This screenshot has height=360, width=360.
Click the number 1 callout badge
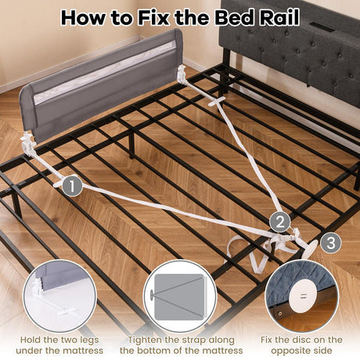coord(72,185)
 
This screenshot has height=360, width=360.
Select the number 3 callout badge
coord(331,243)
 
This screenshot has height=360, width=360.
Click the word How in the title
coord(86,16)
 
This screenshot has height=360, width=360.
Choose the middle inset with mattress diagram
coord(180,290)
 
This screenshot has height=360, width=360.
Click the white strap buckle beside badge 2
coord(283,237)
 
